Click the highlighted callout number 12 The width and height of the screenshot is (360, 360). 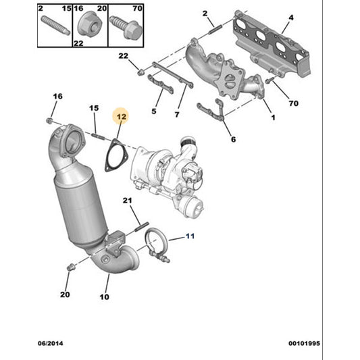[x=122, y=117]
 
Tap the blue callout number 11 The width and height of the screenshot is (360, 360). [x=190, y=236]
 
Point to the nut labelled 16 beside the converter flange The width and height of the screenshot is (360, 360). [x=49, y=120]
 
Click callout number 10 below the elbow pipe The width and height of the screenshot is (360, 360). [x=104, y=297]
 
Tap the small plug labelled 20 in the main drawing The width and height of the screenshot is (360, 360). [x=70, y=267]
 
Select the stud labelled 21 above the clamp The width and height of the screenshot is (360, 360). [x=142, y=227]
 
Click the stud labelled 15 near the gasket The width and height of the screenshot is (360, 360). [x=99, y=136]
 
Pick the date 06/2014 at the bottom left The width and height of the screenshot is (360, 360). [x=50, y=344]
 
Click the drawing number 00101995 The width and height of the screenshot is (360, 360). [x=304, y=344]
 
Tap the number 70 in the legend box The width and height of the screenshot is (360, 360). [x=137, y=9]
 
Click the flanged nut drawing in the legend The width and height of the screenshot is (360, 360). [x=89, y=24]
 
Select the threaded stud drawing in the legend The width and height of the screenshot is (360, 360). [x=55, y=26]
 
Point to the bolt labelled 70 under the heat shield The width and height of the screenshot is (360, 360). [x=269, y=80]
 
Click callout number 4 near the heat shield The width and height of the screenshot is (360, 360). [x=291, y=18]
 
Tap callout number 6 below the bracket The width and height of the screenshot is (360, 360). [x=233, y=139]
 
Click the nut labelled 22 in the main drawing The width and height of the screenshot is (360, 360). [x=140, y=72]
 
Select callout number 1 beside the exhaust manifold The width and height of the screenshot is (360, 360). [x=273, y=118]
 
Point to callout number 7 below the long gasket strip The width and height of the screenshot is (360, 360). [x=177, y=114]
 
